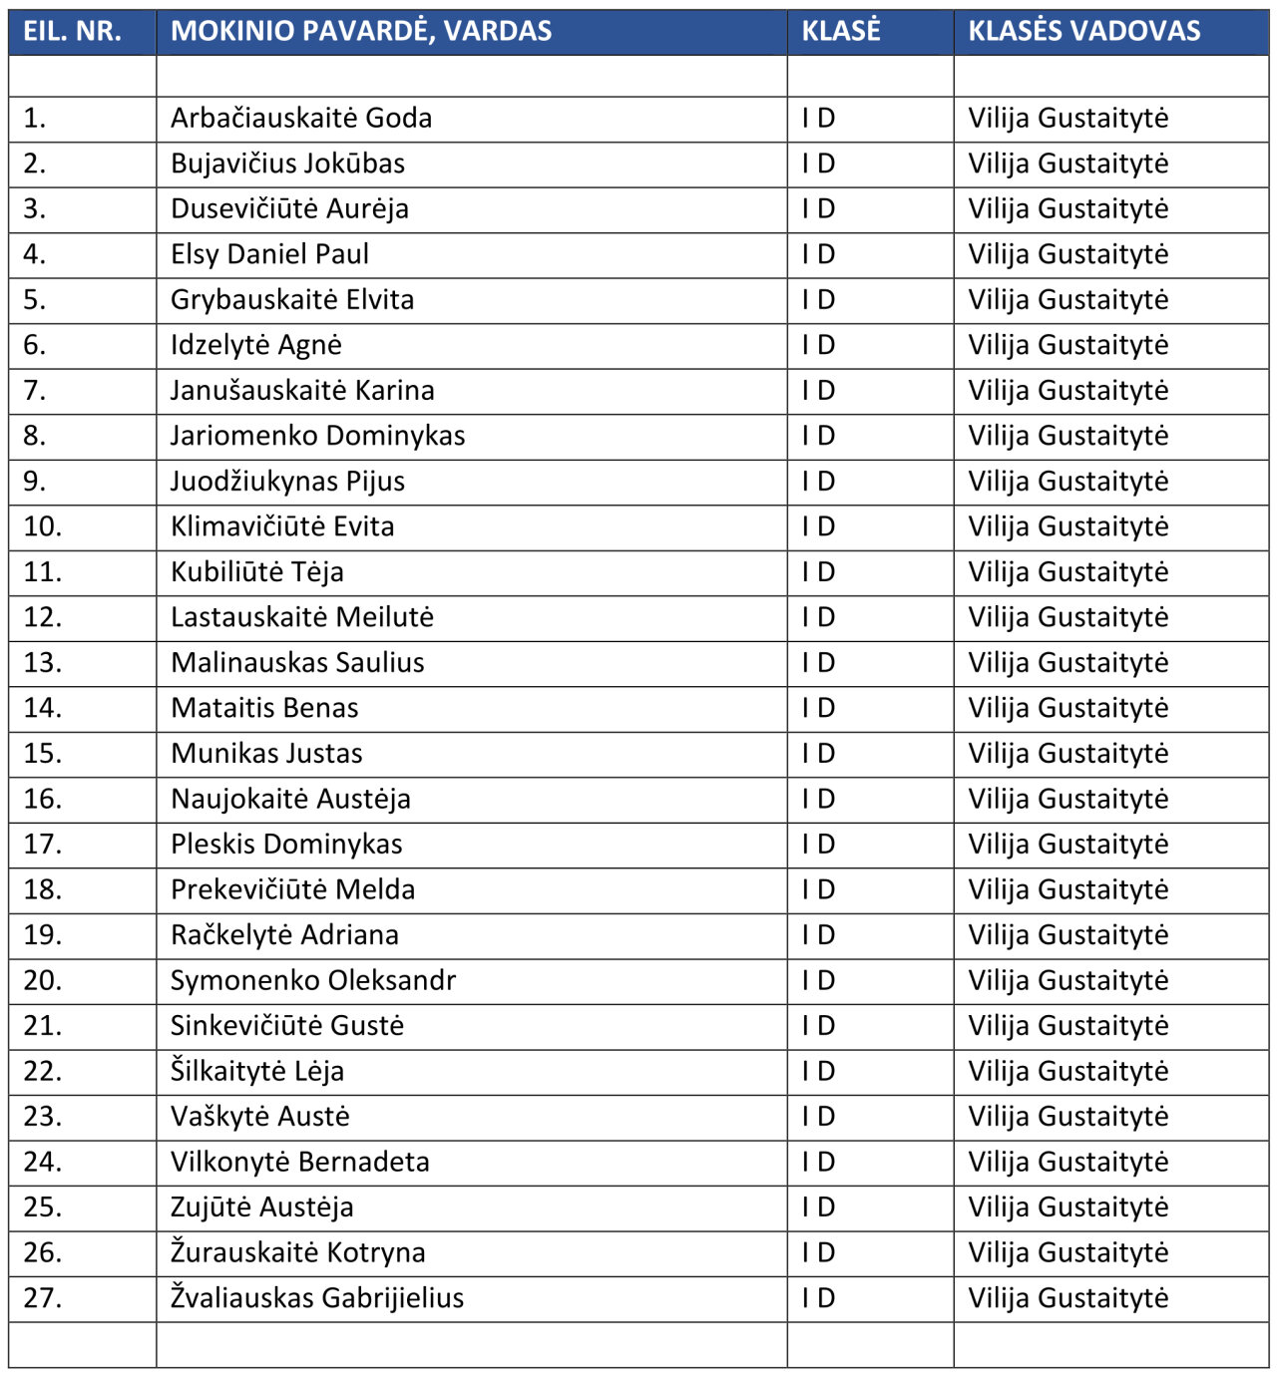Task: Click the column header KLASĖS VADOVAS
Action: click(x=1083, y=31)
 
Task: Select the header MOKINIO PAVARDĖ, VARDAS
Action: click(x=361, y=31)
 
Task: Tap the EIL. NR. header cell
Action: click(x=72, y=31)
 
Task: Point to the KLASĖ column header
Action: click(x=841, y=31)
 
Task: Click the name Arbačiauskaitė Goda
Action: click(x=301, y=118)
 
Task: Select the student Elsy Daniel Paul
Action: click(x=269, y=254)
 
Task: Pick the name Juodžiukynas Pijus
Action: click(x=287, y=481)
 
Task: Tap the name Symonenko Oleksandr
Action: click(x=313, y=980)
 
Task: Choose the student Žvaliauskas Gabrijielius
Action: click(x=317, y=1297)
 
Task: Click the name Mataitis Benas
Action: click(x=264, y=708)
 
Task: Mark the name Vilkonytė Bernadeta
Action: click(x=299, y=1162)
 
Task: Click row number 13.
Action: click(x=42, y=662)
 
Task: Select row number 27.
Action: click(x=42, y=1297)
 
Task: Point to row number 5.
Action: click(x=35, y=299)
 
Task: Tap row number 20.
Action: click(x=42, y=980)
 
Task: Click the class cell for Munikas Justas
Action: click(x=818, y=753)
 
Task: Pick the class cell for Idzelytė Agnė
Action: click(x=818, y=345)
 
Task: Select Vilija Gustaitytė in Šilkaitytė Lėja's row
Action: click(x=1067, y=1071)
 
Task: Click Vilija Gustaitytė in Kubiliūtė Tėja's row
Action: click(x=1067, y=571)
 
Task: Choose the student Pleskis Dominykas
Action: click(x=286, y=844)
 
